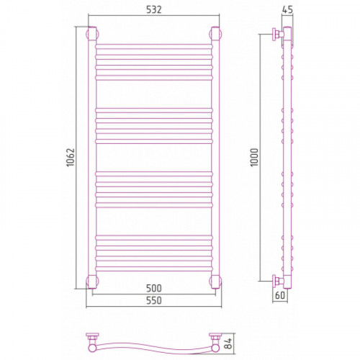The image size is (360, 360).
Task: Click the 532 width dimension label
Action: [x=154, y=10]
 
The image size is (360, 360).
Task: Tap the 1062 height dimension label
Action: [x=71, y=158]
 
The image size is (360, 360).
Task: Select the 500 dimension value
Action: [x=154, y=288]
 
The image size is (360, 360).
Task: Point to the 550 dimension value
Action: [x=154, y=300]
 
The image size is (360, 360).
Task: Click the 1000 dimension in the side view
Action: [x=254, y=158]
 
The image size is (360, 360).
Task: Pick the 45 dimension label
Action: [x=287, y=10]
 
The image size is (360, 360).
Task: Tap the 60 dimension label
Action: [x=280, y=295]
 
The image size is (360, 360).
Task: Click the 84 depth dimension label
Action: [x=228, y=343]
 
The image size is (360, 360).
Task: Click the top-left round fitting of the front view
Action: [x=92, y=34]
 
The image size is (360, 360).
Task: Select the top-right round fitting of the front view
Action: [x=215, y=34]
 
